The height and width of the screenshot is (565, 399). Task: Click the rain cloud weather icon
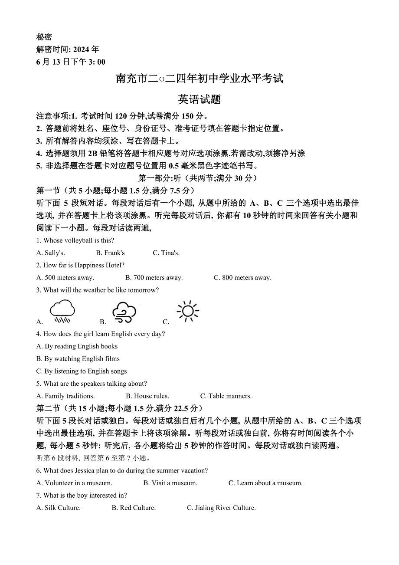(62, 311)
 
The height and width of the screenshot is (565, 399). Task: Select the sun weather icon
(188, 311)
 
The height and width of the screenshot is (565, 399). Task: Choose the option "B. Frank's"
(110, 253)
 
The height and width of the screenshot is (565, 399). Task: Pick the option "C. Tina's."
(166, 253)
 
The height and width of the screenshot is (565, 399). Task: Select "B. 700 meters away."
(154, 278)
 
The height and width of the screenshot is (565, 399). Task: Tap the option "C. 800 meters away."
(242, 278)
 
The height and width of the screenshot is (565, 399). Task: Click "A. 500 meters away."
(65, 278)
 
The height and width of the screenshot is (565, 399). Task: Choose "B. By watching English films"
(78, 359)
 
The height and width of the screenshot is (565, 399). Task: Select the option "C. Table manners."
(226, 396)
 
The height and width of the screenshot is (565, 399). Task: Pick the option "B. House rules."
(147, 396)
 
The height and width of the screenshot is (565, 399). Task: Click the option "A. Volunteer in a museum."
(74, 483)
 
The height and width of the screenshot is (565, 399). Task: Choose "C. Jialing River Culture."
(221, 508)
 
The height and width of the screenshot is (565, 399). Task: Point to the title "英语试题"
(199, 99)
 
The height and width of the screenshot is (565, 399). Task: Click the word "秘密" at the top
(44, 37)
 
